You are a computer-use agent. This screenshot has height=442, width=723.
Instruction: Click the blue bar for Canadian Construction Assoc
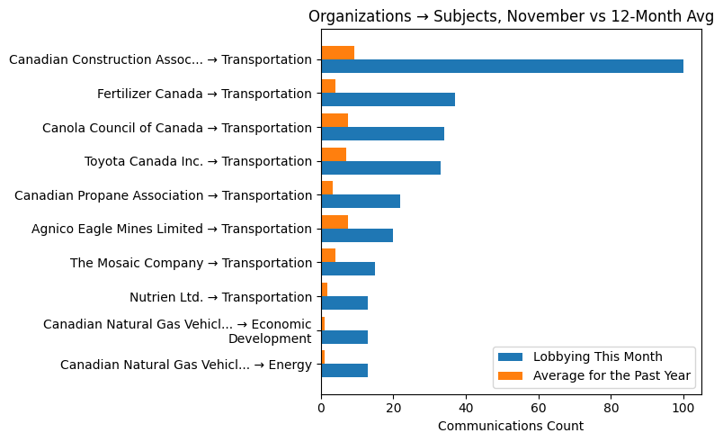click(502, 66)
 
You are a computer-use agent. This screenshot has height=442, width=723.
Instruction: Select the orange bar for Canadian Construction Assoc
click(337, 52)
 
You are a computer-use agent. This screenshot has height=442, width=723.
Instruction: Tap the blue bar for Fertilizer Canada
click(388, 100)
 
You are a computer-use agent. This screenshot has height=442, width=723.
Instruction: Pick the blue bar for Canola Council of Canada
click(382, 133)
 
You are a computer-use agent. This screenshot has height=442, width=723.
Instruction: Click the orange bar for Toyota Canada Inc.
click(334, 154)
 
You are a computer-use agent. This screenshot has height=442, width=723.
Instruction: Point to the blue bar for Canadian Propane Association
click(361, 201)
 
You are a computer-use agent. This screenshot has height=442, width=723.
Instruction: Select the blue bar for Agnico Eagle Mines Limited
click(357, 235)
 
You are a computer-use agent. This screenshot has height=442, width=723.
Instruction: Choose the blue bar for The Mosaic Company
click(348, 268)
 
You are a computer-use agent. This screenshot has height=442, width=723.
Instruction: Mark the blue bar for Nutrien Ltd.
click(344, 302)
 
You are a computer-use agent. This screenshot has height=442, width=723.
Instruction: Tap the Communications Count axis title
click(510, 426)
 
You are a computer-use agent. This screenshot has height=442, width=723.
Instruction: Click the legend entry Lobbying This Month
click(597, 356)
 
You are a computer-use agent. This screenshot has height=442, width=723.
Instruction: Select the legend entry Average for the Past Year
click(611, 375)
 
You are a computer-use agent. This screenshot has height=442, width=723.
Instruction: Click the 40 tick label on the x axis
click(466, 407)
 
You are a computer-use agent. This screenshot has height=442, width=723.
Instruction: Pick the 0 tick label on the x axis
click(321, 407)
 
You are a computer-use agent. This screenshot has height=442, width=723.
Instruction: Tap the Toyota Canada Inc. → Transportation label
click(198, 161)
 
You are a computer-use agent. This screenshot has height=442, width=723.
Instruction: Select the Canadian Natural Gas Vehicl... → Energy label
click(186, 365)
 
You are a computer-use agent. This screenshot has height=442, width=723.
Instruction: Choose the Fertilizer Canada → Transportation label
click(204, 94)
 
